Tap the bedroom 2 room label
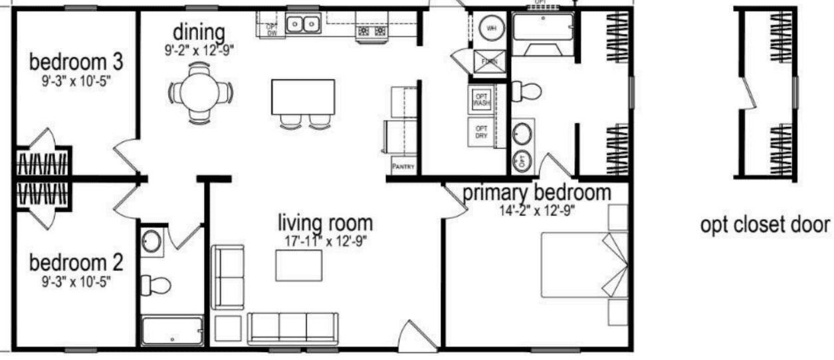76,262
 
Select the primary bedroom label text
536,193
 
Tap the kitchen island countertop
303,97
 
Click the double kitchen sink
303,25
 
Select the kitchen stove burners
371,31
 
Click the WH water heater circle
492,29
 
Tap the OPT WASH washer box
480,100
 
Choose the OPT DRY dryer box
480,131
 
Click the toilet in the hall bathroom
157,285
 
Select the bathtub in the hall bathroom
172,330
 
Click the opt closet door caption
764,225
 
